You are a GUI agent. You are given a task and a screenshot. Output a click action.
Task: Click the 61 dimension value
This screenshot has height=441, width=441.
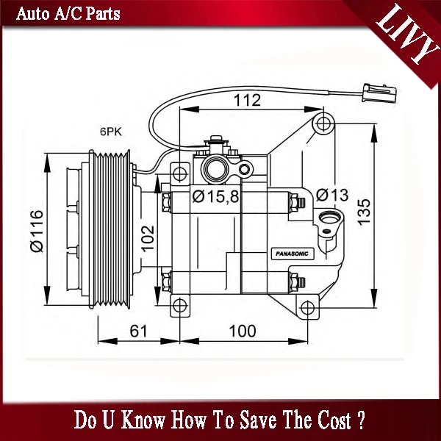click(x=137, y=331)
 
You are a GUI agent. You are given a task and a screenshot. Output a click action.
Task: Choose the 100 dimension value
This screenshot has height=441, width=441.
click(x=243, y=331)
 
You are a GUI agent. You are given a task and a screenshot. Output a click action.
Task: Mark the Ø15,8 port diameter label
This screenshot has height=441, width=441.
click(x=215, y=196)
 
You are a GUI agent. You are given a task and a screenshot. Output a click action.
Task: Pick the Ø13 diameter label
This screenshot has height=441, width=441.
click(x=332, y=195)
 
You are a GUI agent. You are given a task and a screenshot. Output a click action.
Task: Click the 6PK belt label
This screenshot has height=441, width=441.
click(x=110, y=132)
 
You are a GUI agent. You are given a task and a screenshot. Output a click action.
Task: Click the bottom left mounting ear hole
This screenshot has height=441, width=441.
click(x=180, y=306)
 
